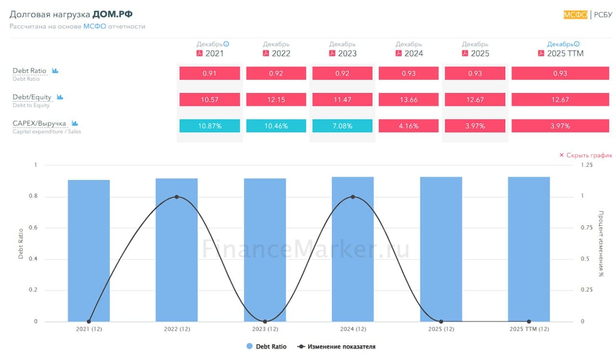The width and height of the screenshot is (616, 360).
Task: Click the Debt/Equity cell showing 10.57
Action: tap(209, 100)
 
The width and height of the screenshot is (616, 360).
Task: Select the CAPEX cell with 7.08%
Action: tap(342, 126)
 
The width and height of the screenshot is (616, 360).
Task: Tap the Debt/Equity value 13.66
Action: tap(409, 100)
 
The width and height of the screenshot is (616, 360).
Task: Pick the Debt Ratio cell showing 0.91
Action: tap(209, 73)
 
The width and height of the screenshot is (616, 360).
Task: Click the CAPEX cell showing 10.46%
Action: tap(276, 126)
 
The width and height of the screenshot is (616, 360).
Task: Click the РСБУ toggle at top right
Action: tap(603, 14)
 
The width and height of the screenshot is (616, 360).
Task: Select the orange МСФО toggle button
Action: tap(576, 14)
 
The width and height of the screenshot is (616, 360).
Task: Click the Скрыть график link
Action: tap(586, 155)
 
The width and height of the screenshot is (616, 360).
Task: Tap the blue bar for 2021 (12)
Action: tap(89, 250)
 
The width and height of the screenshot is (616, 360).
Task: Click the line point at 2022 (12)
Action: tap(177, 197)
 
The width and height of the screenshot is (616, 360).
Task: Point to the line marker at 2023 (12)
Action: tap(265, 321)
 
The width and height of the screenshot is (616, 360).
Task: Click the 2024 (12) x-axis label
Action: tap(353, 329)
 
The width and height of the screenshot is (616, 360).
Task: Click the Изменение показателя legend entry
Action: tap(337, 347)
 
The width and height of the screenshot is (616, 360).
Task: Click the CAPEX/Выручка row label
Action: tap(39, 123)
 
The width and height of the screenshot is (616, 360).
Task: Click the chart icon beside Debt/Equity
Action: tap(60, 97)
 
